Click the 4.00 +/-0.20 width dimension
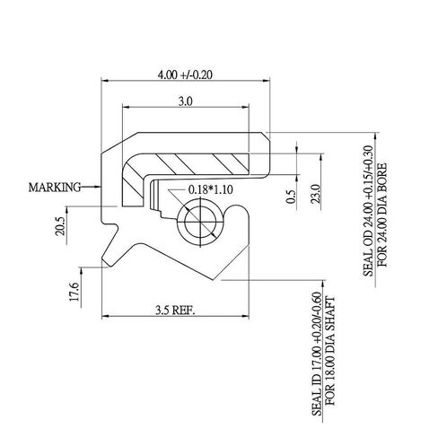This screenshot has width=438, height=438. [x=185, y=74]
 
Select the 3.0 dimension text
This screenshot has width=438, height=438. [x=186, y=101]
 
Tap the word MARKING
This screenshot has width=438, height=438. [x=55, y=188]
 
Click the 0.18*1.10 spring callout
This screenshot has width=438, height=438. [x=211, y=189]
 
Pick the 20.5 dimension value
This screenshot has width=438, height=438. [x=60, y=226]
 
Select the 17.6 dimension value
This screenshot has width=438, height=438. [x=74, y=292]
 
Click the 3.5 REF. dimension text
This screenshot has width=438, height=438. [x=175, y=310]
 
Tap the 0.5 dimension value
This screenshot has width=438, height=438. [x=291, y=197]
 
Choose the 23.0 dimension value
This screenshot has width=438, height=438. [x=316, y=194]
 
